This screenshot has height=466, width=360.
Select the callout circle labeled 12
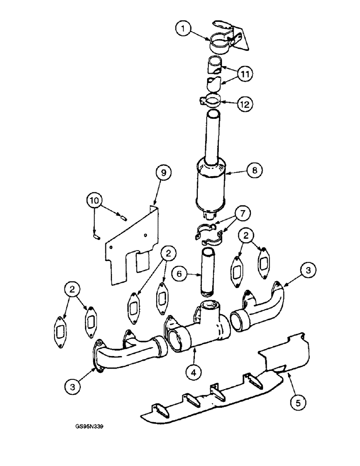(245, 104)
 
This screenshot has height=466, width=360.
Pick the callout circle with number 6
(178, 275)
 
